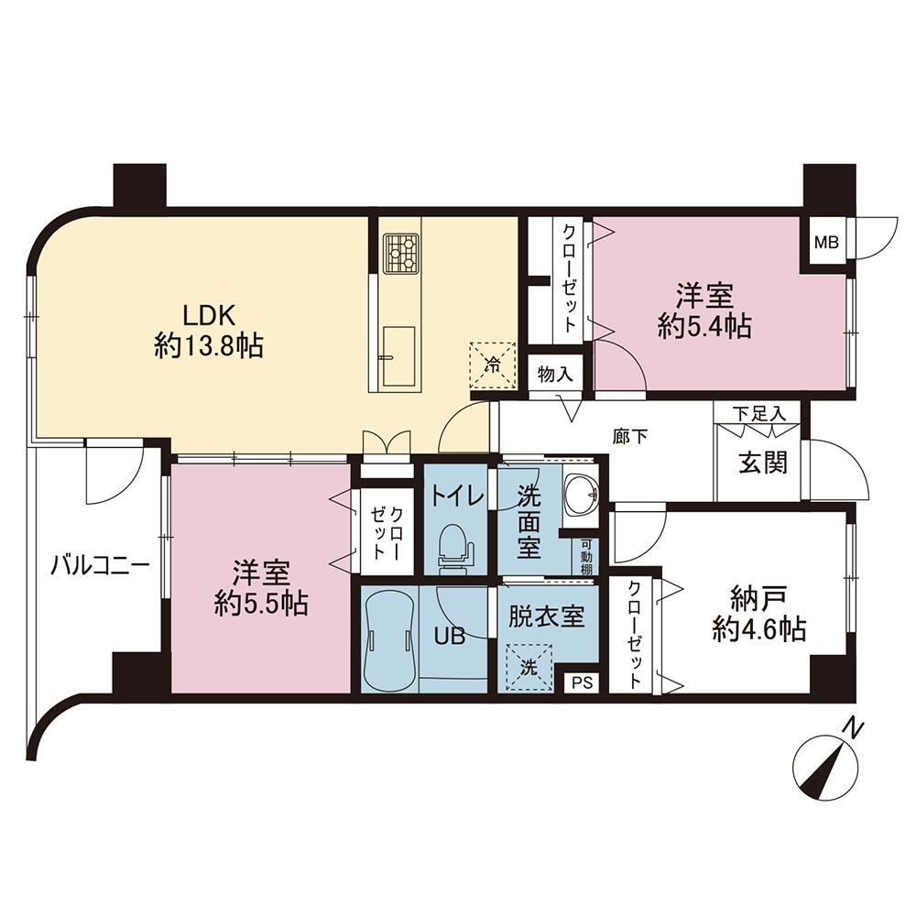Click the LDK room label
[x=210, y=315]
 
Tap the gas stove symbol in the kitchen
[x=401, y=253]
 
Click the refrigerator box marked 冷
[x=494, y=365]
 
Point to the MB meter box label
[x=826, y=241]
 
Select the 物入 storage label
[x=555, y=374]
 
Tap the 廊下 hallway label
[x=630, y=436]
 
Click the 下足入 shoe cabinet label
[x=759, y=414]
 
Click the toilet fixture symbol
[x=455, y=548]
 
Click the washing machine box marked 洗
[x=529, y=667]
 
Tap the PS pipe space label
[x=582, y=682]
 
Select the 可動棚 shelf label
[x=586, y=555]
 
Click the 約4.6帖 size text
[x=759, y=629]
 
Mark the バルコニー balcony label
[x=100, y=565]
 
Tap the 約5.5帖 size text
[x=261, y=603]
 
